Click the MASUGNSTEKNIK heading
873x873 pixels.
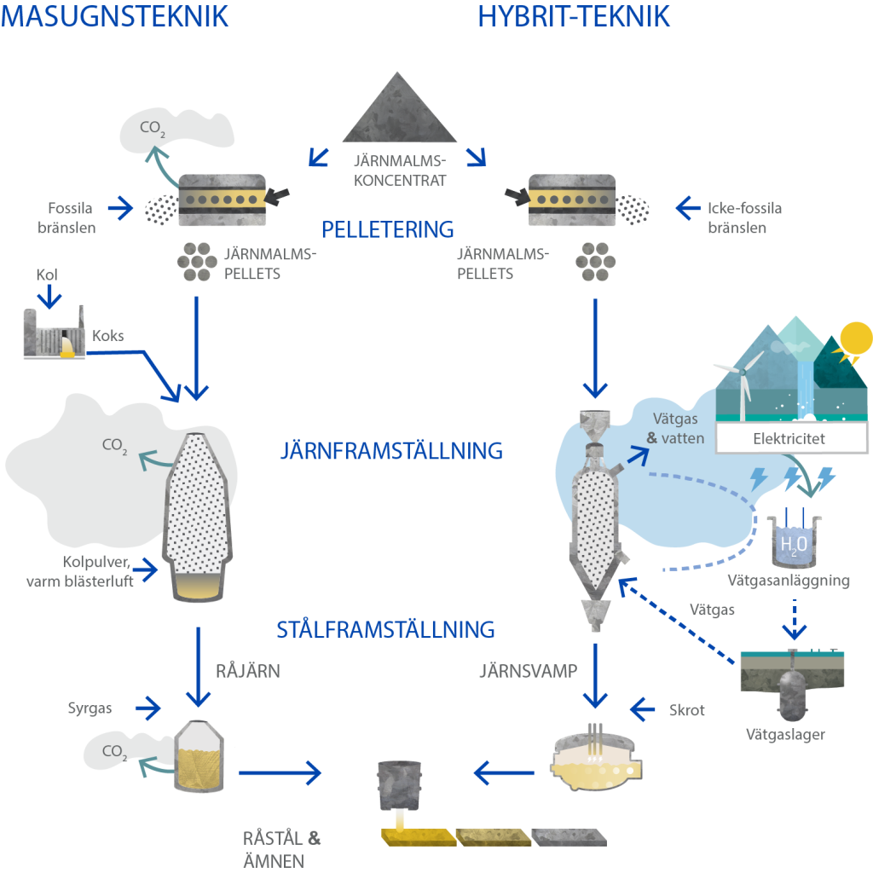click(x=115, y=16)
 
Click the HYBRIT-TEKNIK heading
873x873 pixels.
click(x=573, y=16)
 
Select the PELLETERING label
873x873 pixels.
click(x=387, y=229)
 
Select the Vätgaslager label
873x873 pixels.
click(x=785, y=734)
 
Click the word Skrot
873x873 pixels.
click(x=687, y=709)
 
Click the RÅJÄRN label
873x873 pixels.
click(x=247, y=671)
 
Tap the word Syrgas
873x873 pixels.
click(x=90, y=708)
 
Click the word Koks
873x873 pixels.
click(x=108, y=336)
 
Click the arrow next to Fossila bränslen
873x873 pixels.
click(x=122, y=206)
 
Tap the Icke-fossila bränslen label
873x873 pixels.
click(x=744, y=217)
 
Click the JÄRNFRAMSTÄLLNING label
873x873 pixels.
click(x=391, y=450)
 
